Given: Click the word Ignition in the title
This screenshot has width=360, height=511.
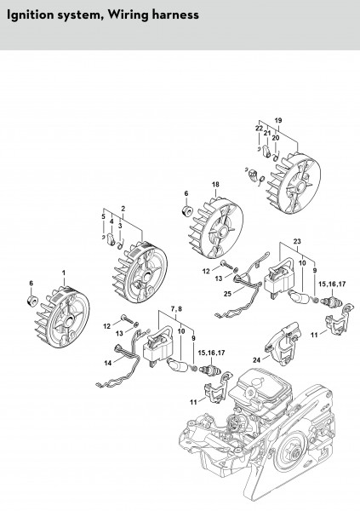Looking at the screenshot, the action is tap(28, 15).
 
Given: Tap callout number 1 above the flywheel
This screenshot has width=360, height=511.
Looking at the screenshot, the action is tap(64, 273).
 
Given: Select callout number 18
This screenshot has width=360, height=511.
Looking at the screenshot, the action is tap(215, 185).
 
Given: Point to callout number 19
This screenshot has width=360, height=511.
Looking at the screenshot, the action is tap(278, 121).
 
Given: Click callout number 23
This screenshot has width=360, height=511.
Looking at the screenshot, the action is tap(297, 242).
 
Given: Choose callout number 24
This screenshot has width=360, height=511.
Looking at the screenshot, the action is tap(257, 360).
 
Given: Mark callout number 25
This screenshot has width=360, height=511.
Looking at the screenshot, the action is tap(227, 294).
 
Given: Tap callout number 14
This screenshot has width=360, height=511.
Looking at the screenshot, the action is tap(108, 363).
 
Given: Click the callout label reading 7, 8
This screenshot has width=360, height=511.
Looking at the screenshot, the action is tap(176, 309).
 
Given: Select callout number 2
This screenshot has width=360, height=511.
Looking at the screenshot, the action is tap(123, 209).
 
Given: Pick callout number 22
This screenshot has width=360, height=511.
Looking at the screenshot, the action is tap(259, 129).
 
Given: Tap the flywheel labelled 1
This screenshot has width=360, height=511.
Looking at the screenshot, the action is tap(62, 317).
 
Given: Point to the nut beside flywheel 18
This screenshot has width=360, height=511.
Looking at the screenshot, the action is tap(186, 210).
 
